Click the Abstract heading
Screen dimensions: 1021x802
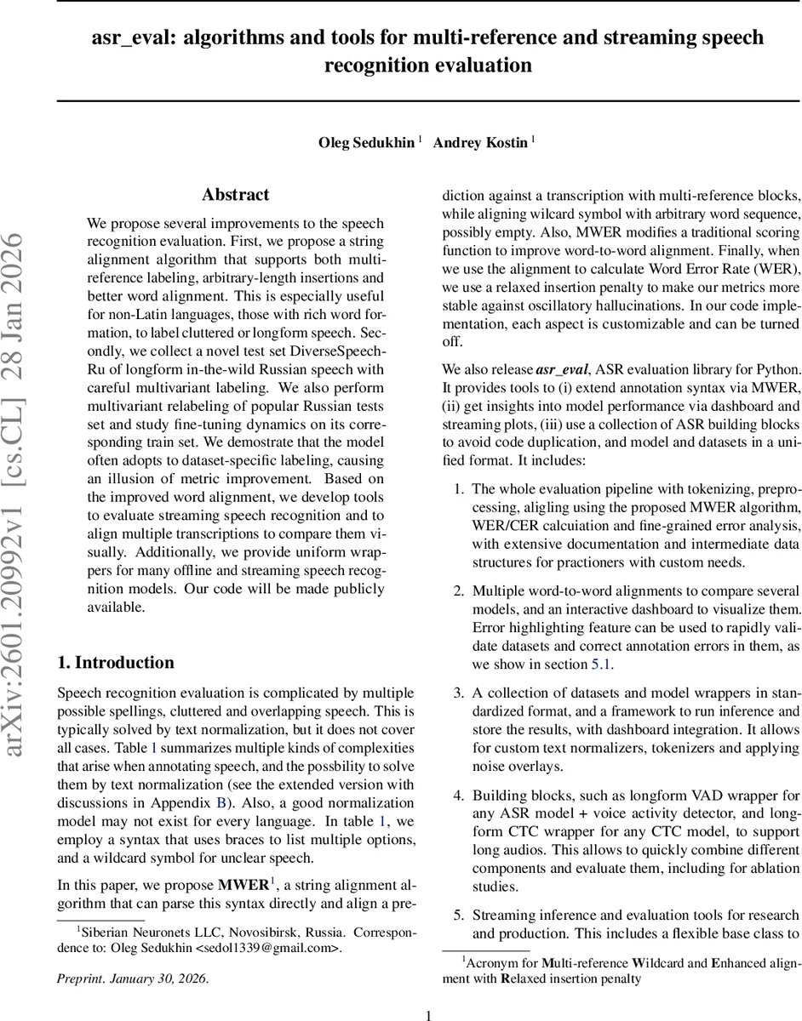click(x=235, y=195)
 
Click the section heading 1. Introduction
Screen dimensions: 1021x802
click(x=115, y=662)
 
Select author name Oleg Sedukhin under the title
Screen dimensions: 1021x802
click(x=367, y=143)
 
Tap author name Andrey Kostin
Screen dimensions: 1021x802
click(x=480, y=143)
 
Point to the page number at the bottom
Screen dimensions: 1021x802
click(x=429, y=1014)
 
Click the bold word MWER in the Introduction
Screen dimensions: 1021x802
click(x=243, y=885)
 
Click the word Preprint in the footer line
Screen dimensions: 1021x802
click(x=78, y=978)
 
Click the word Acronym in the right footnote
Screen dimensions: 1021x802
click(x=492, y=963)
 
